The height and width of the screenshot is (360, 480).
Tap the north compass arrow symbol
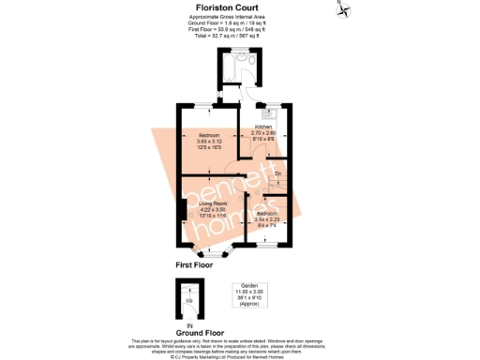(344, 11)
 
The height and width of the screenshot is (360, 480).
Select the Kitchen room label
(262, 127)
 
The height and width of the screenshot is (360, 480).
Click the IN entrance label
(187, 323)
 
